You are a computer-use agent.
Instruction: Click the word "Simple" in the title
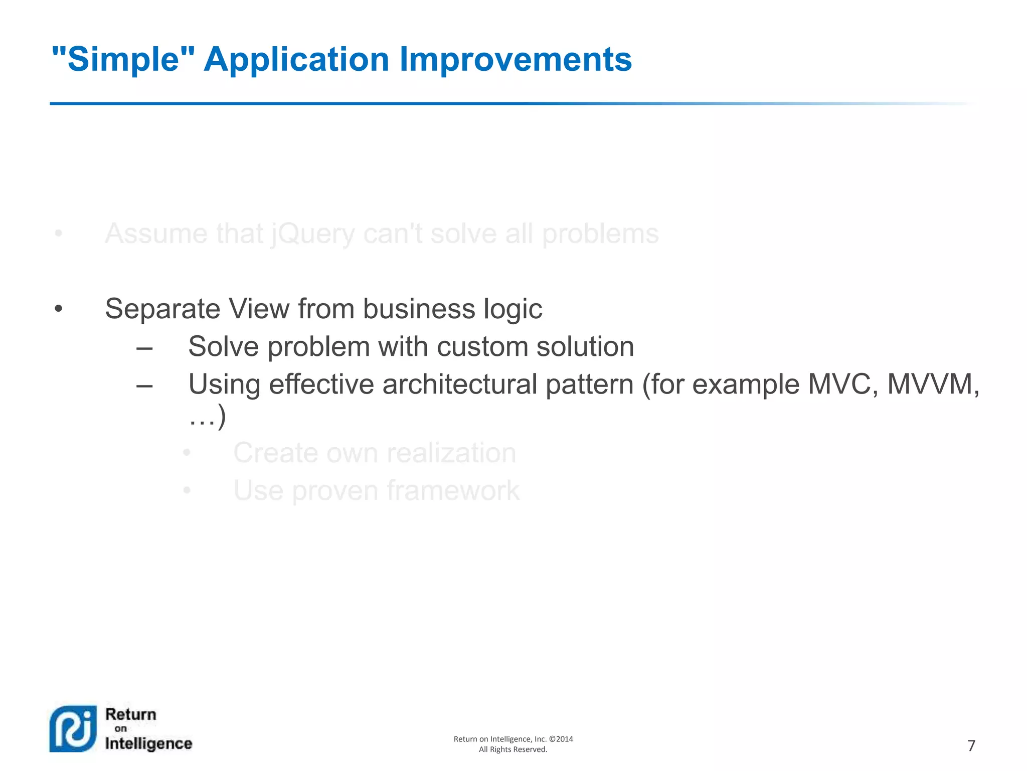click(x=123, y=59)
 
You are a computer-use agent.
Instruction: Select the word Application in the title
click(x=296, y=59)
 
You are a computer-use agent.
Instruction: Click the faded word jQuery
click(x=313, y=234)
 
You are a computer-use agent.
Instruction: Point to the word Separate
click(x=162, y=309)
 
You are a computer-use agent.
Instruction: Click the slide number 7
click(x=971, y=746)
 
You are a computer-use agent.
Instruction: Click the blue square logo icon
click(x=73, y=729)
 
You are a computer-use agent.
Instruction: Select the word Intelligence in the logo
click(x=148, y=743)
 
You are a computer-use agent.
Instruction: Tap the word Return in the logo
click(x=130, y=714)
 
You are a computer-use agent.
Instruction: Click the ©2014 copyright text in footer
click(x=561, y=739)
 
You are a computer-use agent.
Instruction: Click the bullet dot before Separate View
click(x=59, y=309)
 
